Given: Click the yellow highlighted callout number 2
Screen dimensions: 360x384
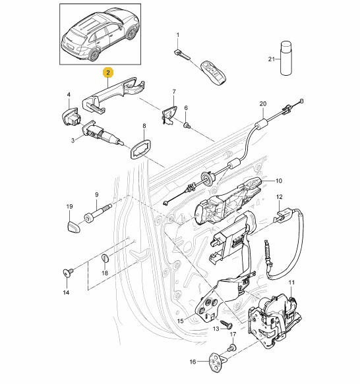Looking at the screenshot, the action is click(x=108, y=72).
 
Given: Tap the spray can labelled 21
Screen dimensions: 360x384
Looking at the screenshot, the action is click(x=285, y=59).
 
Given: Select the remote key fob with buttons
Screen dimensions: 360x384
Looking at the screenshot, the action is click(x=213, y=72).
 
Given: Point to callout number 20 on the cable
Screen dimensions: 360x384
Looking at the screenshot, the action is click(x=262, y=104).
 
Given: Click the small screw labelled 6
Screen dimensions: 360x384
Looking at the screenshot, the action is click(x=187, y=125).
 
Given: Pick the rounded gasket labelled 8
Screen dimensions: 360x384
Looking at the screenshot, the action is click(x=140, y=149).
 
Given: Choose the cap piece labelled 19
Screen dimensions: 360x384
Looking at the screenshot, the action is click(x=74, y=225).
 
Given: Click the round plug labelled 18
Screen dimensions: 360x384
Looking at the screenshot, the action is click(x=105, y=258).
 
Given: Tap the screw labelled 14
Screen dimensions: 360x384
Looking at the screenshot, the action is click(x=68, y=272).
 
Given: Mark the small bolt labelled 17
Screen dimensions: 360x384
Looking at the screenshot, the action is click(x=232, y=348).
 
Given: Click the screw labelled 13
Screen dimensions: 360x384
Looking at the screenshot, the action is click(x=226, y=324).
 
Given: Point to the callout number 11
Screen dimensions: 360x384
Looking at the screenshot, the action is click(x=291, y=283).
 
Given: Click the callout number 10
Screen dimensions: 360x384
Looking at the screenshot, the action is click(x=279, y=181).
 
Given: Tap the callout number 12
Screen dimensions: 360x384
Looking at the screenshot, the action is click(x=280, y=197).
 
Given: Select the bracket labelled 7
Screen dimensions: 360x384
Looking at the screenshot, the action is click(x=169, y=115).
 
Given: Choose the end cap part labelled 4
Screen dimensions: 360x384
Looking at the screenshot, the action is click(x=71, y=116).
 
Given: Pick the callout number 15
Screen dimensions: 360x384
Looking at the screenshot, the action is click(x=180, y=321).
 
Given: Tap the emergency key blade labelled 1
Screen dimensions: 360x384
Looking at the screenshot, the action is click(x=182, y=55).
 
